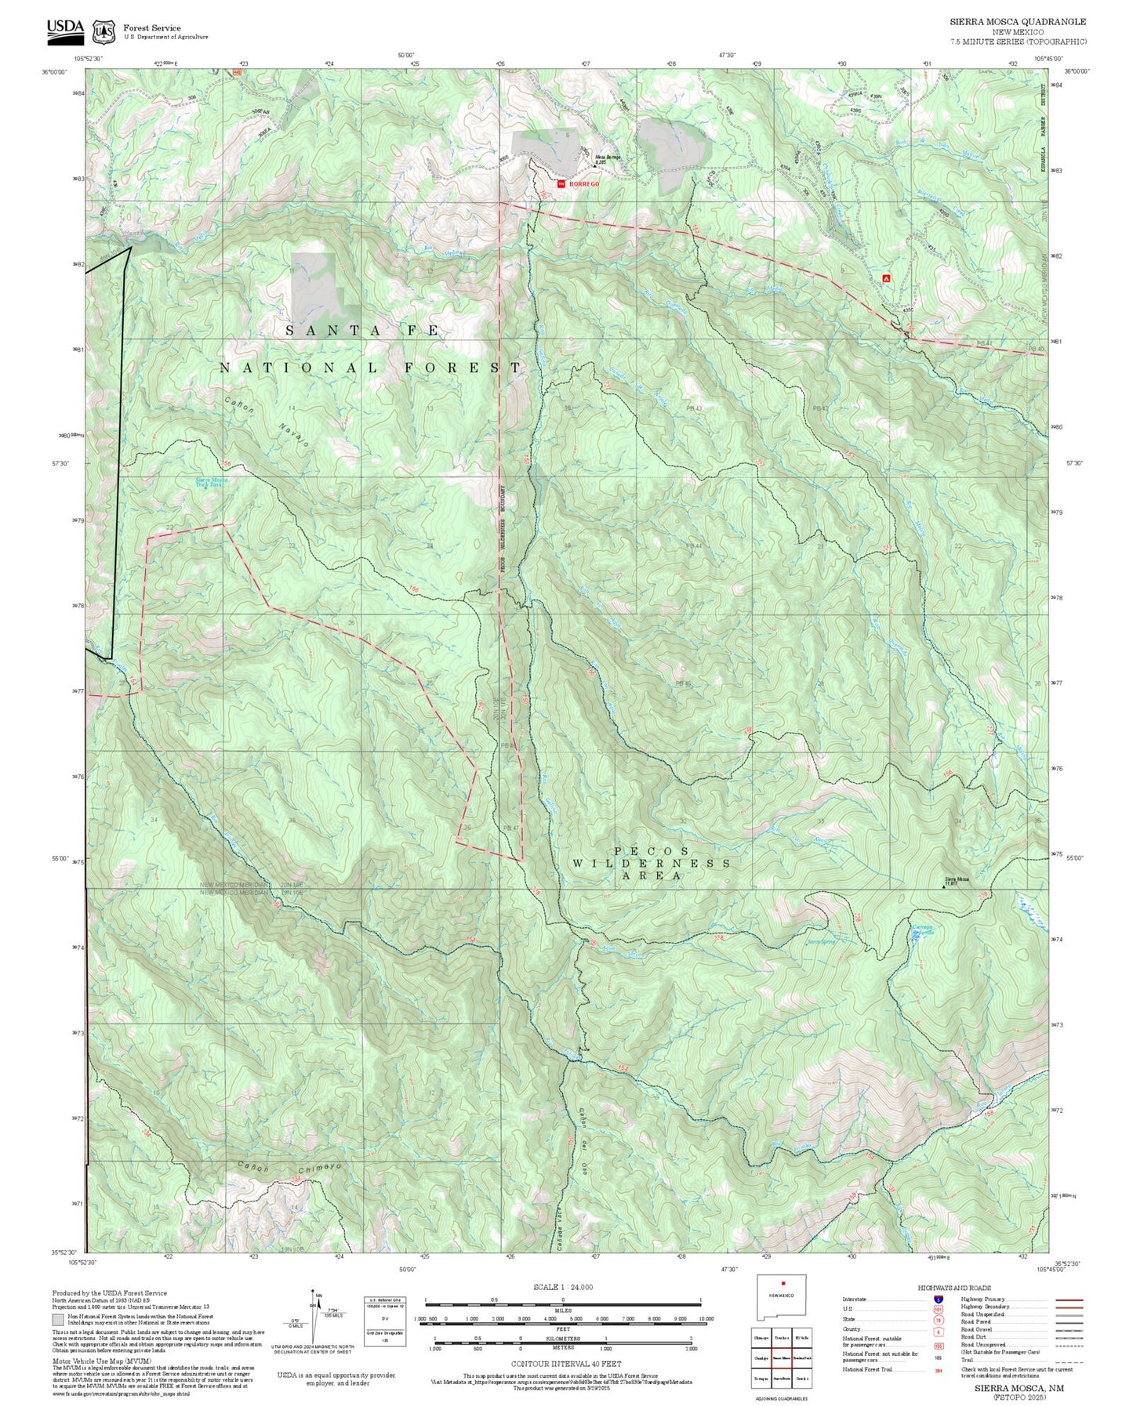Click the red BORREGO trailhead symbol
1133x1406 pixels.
(x=561, y=183)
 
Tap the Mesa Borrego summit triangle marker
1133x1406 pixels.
(x=594, y=165)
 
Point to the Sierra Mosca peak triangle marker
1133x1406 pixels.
(x=943, y=886)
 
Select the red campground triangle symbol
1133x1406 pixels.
(x=886, y=277)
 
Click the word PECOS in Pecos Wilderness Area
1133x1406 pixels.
(x=652, y=850)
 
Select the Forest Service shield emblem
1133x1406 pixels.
(x=103, y=31)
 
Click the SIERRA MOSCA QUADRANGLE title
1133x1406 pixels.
(x=1018, y=22)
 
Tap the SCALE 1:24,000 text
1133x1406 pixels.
(x=562, y=1287)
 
